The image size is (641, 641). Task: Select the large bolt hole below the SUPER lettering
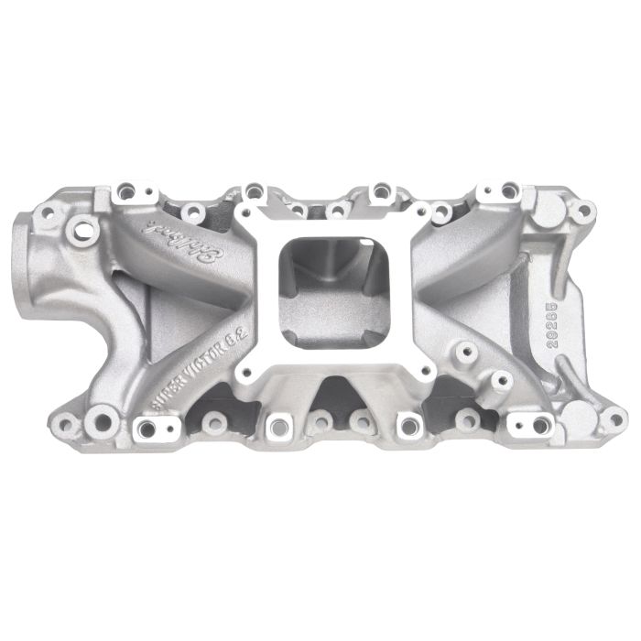pyautogui.click(x=104, y=422)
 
